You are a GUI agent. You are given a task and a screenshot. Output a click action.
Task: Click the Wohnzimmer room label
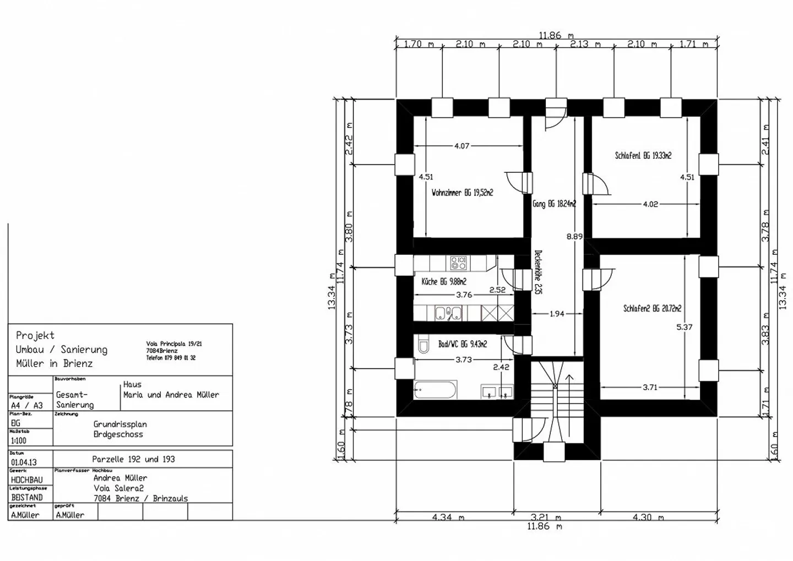[x=462, y=193]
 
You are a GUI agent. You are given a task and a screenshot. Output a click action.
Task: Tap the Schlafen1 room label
[x=643, y=156]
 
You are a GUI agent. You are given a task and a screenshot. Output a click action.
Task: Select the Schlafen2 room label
[x=652, y=309]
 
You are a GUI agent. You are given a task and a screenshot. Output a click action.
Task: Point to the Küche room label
[x=444, y=282]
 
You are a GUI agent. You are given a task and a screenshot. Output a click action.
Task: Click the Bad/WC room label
[x=462, y=344]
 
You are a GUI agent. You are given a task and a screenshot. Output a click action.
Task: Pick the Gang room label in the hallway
[x=554, y=204]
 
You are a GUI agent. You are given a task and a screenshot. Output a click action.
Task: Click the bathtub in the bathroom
[x=435, y=390]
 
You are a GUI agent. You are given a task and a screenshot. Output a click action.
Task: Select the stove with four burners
[x=458, y=263]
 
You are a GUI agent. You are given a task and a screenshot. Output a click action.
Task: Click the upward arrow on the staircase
[x=569, y=380]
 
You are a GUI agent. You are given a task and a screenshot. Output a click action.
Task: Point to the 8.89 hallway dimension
[x=574, y=237]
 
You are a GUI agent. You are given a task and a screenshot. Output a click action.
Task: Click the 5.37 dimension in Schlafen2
[x=684, y=327]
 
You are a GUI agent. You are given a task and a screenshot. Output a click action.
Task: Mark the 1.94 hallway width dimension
[x=557, y=314]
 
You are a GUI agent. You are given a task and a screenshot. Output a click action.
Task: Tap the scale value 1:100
[x=19, y=440]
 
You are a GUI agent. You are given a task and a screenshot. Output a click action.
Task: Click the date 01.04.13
[x=24, y=462]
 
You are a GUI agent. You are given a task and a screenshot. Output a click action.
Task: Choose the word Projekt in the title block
[x=35, y=335]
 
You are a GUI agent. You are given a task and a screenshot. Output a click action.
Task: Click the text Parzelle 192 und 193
[x=133, y=459]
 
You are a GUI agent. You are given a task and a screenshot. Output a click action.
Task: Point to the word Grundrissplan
[x=120, y=424]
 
